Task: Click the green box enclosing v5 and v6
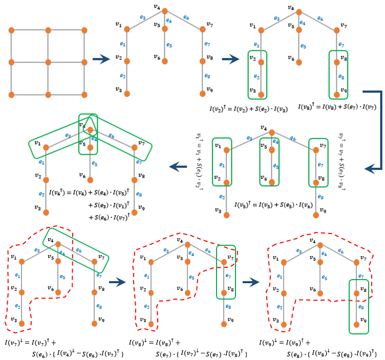click(x=270, y=162)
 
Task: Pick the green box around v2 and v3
click(x=257, y=74)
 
